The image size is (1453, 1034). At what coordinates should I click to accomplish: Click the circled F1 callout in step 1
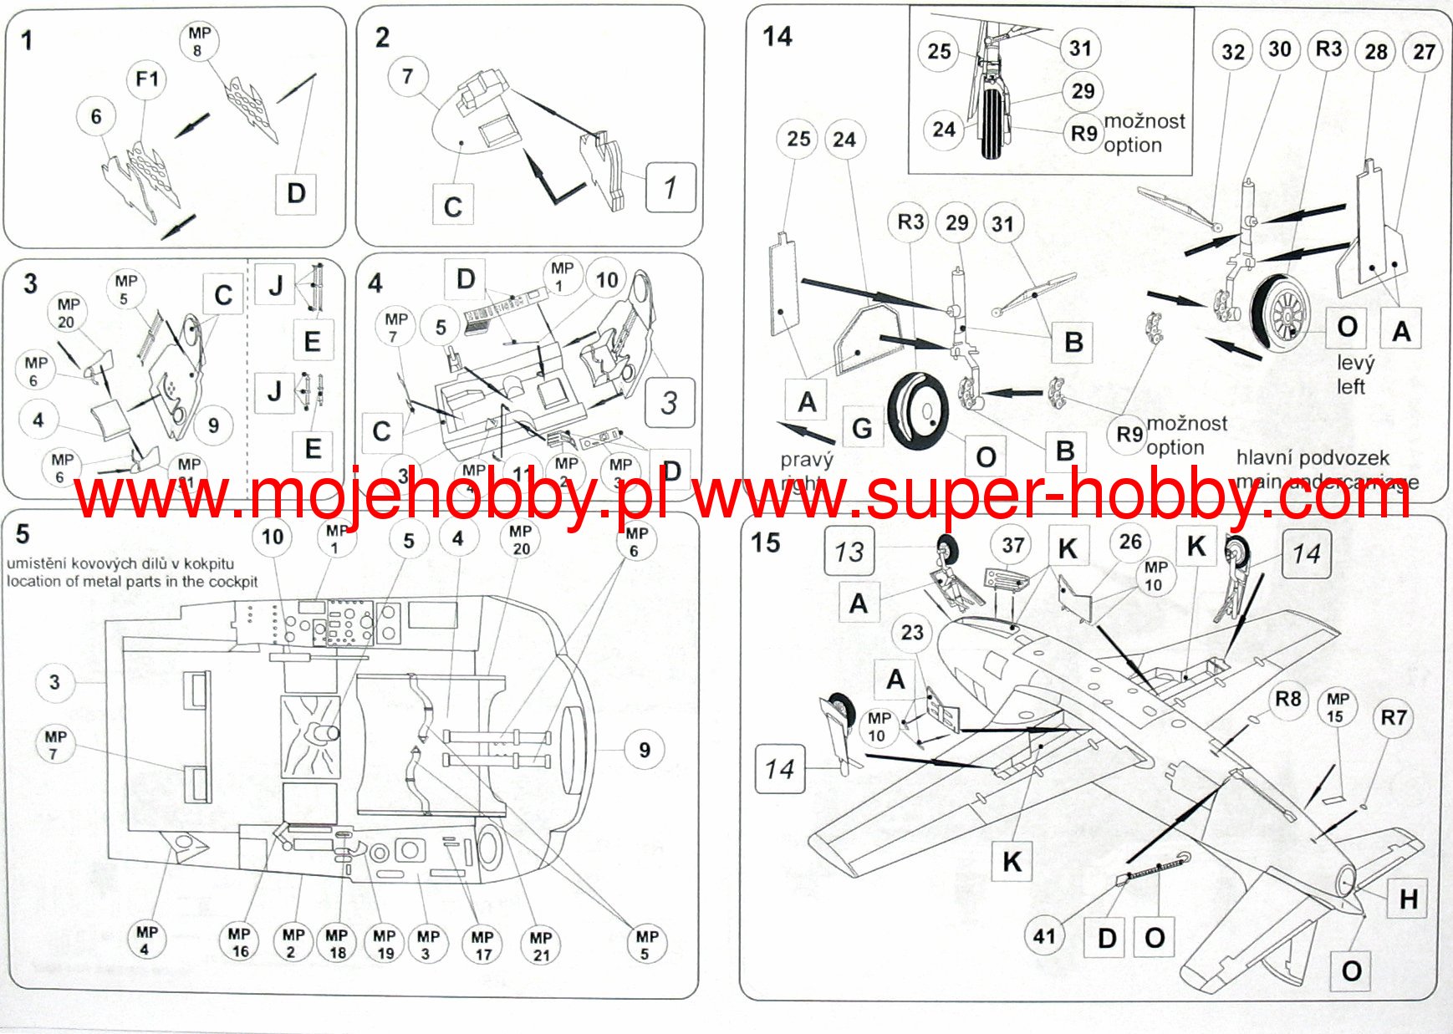pos(146,79)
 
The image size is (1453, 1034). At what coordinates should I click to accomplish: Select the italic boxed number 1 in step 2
pos(670,187)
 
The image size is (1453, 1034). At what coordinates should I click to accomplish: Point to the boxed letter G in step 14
pos(862,428)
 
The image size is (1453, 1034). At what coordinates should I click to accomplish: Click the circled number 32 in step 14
pos(1233,52)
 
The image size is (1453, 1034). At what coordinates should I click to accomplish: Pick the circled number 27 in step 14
pos(1424,52)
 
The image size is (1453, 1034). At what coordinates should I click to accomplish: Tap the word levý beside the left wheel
pos(1354,363)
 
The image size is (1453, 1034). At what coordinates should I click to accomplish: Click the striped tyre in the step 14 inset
pos(992,124)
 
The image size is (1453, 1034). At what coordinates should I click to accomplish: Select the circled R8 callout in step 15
pos(1287,699)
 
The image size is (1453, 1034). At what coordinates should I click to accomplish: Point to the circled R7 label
pos(1393,717)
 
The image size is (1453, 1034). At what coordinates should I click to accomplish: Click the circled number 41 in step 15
pos(1044,935)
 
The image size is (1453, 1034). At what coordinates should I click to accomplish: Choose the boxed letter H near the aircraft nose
pos(1409,899)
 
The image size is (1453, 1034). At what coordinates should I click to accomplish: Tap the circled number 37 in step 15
pos(1012,546)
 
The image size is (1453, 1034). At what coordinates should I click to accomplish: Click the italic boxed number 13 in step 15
pos(849,551)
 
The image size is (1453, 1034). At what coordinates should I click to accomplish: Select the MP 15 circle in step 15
pos(1337,707)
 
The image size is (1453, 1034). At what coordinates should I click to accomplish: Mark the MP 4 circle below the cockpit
pos(146,940)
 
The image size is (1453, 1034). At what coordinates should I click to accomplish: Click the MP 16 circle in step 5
pos(239,942)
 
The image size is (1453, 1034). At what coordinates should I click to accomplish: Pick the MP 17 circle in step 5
pos(482,945)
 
